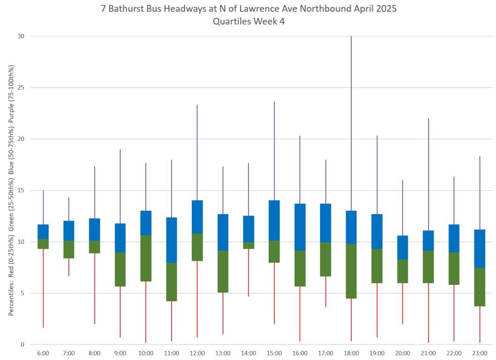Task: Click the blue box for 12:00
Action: (x=197, y=217)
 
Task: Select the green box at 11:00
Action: (x=171, y=282)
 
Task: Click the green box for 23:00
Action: (x=480, y=287)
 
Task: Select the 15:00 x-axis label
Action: (x=274, y=353)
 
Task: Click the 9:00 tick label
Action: (x=120, y=353)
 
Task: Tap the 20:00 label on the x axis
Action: (x=403, y=353)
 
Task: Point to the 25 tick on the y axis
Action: (x=20, y=88)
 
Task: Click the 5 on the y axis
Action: (x=22, y=293)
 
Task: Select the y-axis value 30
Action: (x=20, y=36)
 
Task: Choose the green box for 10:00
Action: (x=146, y=258)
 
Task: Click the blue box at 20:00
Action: (x=403, y=248)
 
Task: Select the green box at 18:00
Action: (x=351, y=271)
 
